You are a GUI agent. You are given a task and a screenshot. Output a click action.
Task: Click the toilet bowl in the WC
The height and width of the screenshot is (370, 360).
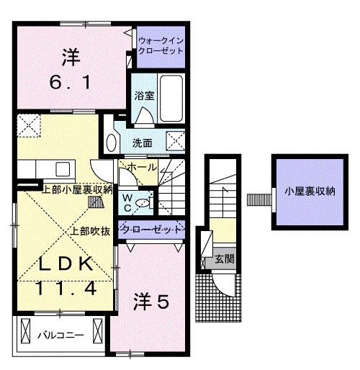[x=144, y=203]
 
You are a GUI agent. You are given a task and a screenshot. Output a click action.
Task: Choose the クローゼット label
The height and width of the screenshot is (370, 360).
[x=152, y=230]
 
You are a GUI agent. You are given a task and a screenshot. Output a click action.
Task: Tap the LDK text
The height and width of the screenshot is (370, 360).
[x=63, y=265]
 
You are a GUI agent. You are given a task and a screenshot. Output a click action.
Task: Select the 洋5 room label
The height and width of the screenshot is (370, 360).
[x=150, y=302]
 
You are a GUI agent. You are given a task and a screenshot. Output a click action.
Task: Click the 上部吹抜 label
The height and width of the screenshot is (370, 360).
[x=89, y=232]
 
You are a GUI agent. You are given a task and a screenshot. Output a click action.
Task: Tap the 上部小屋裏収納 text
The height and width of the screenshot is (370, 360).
[x=77, y=190]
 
